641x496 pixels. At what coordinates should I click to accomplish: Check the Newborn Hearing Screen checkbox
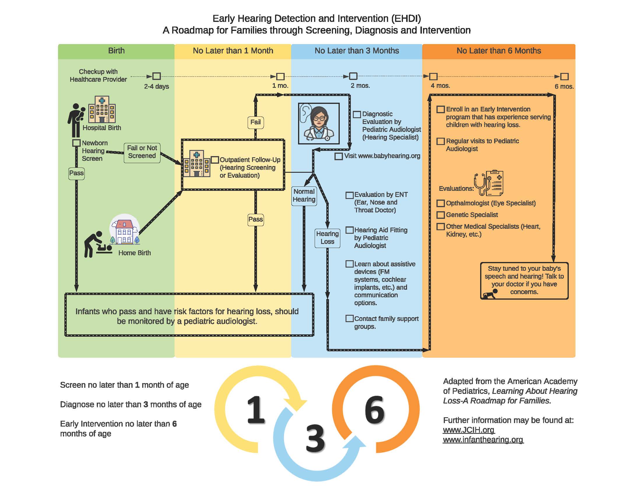pos(76,143)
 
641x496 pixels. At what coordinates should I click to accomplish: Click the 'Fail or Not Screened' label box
pos(142,152)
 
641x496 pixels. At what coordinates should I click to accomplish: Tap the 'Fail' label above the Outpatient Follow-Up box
pos(255,122)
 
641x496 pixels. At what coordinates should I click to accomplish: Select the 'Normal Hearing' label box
pos(304,196)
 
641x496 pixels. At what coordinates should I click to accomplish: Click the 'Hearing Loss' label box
pos(327,238)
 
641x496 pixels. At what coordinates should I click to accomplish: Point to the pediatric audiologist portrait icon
pos(319,123)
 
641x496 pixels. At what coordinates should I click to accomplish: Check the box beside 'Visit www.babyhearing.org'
pos(338,156)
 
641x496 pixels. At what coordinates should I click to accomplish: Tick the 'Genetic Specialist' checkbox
pos(440,215)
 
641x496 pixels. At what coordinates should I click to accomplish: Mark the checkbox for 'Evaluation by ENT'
pos(349,195)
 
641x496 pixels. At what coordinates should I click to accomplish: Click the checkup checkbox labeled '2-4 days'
pos(157,76)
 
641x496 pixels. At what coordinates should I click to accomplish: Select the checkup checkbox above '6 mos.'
pos(564,77)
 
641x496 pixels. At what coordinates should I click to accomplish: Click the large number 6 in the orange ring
pos(374,410)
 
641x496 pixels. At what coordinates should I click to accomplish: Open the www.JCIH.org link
pos(469,430)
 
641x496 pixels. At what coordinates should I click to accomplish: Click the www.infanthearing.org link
pos(483,440)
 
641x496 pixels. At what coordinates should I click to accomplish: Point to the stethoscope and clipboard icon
pos(488,183)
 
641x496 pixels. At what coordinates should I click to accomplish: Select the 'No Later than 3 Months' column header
pos(357,51)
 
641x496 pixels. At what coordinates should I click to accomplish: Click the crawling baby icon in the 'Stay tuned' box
pos(490,294)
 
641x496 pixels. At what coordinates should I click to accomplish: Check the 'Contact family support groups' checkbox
pos(349,319)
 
